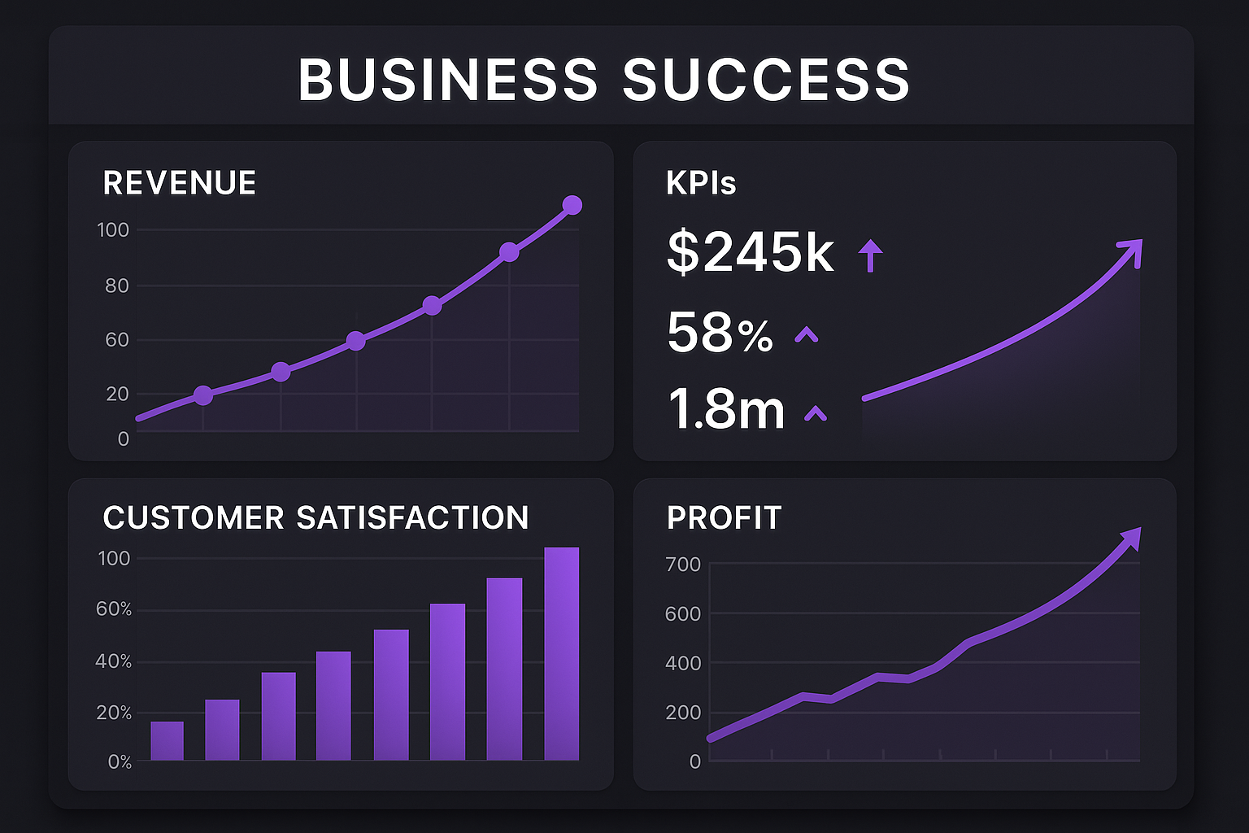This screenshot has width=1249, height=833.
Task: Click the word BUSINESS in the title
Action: click(448, 80)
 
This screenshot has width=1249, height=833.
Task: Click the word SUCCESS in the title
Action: click(766, 80)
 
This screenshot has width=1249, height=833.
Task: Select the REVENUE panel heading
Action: click(180, 183)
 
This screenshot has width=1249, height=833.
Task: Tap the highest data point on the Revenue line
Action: click(572, 205)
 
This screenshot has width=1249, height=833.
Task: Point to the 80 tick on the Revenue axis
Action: click(116, 286)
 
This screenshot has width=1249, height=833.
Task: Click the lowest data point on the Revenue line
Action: click(203, 395)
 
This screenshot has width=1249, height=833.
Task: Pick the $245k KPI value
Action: click(750, 252)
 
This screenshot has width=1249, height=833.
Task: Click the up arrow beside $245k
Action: click(870, 255)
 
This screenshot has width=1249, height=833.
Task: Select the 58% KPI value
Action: click(720, 333)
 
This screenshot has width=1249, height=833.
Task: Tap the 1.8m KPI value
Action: click(726, 409)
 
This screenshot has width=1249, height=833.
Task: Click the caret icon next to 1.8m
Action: click(815, 414)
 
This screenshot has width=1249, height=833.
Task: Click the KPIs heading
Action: click(701, 183)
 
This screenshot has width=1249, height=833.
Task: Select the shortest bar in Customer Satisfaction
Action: click(167, 740)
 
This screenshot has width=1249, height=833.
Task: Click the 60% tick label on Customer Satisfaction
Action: click(114, 609)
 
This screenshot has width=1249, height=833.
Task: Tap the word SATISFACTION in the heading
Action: click(412, 518)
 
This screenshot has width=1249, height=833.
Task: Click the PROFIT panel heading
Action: click(724, 518)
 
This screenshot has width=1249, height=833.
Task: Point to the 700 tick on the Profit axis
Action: click(683, 565)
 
